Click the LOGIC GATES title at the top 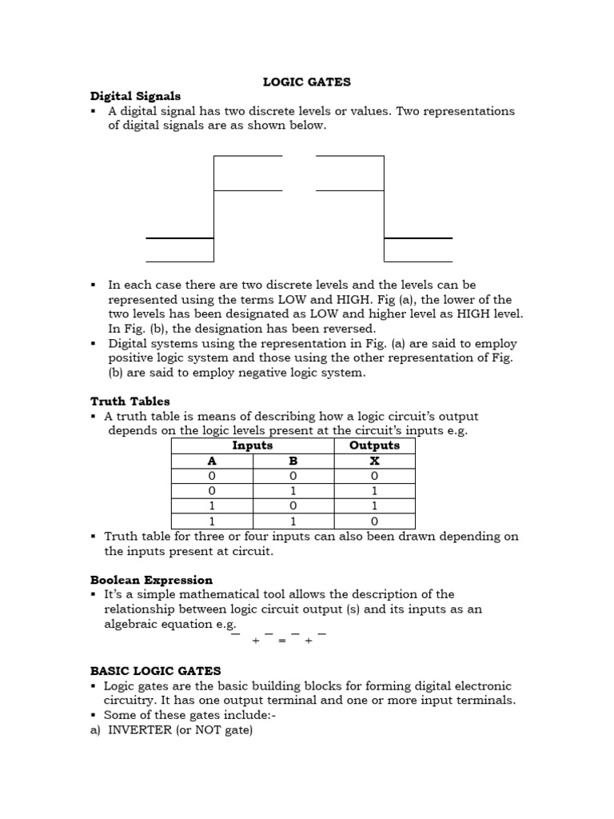coord(307,82)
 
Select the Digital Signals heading coord(135,96)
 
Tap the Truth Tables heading coord(130,402)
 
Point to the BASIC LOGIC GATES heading coord(155,671)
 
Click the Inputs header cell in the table coord(252,445)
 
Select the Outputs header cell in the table coord(374,445)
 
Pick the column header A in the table coord(212,461)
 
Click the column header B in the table coord(293,461)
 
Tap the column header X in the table coord(374,461)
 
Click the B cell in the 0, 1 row coord(293,491)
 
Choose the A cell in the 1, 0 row coord(212,506)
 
